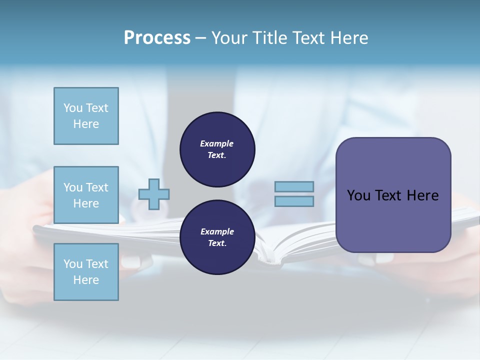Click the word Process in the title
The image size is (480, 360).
157,38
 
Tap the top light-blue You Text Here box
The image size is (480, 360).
86,116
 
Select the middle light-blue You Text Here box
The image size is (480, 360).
86,195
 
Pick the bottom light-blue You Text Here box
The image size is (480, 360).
86,271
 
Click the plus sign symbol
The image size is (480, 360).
154,194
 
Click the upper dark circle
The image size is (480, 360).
217,149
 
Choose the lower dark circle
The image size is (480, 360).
217,237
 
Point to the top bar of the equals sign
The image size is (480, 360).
294,186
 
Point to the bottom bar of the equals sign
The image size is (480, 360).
294,201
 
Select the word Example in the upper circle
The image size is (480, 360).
216,143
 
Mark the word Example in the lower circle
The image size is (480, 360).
217,231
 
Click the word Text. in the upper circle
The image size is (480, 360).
217,155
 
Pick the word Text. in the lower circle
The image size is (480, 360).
217,243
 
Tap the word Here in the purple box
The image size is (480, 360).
422,195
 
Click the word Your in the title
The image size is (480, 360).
229,38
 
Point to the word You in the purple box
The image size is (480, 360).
359,195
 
